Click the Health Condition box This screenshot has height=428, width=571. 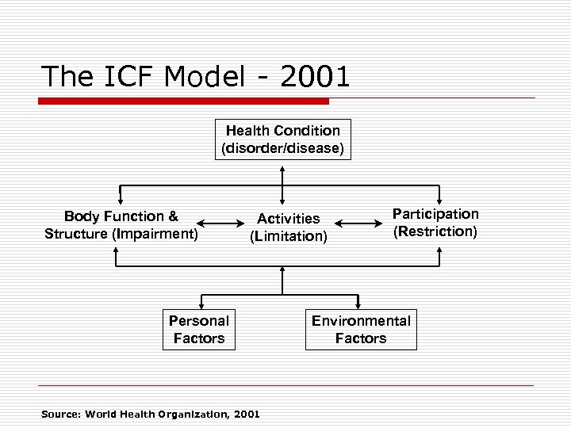pos(282,139)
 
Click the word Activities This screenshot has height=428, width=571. pos(289,218)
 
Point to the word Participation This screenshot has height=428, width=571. pos(435,214)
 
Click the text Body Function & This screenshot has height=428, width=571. pos(121,216)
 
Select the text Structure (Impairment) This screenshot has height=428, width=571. pos(121,234)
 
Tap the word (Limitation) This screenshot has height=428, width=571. pos(289,236)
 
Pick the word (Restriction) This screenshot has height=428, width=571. pos(435,231)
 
